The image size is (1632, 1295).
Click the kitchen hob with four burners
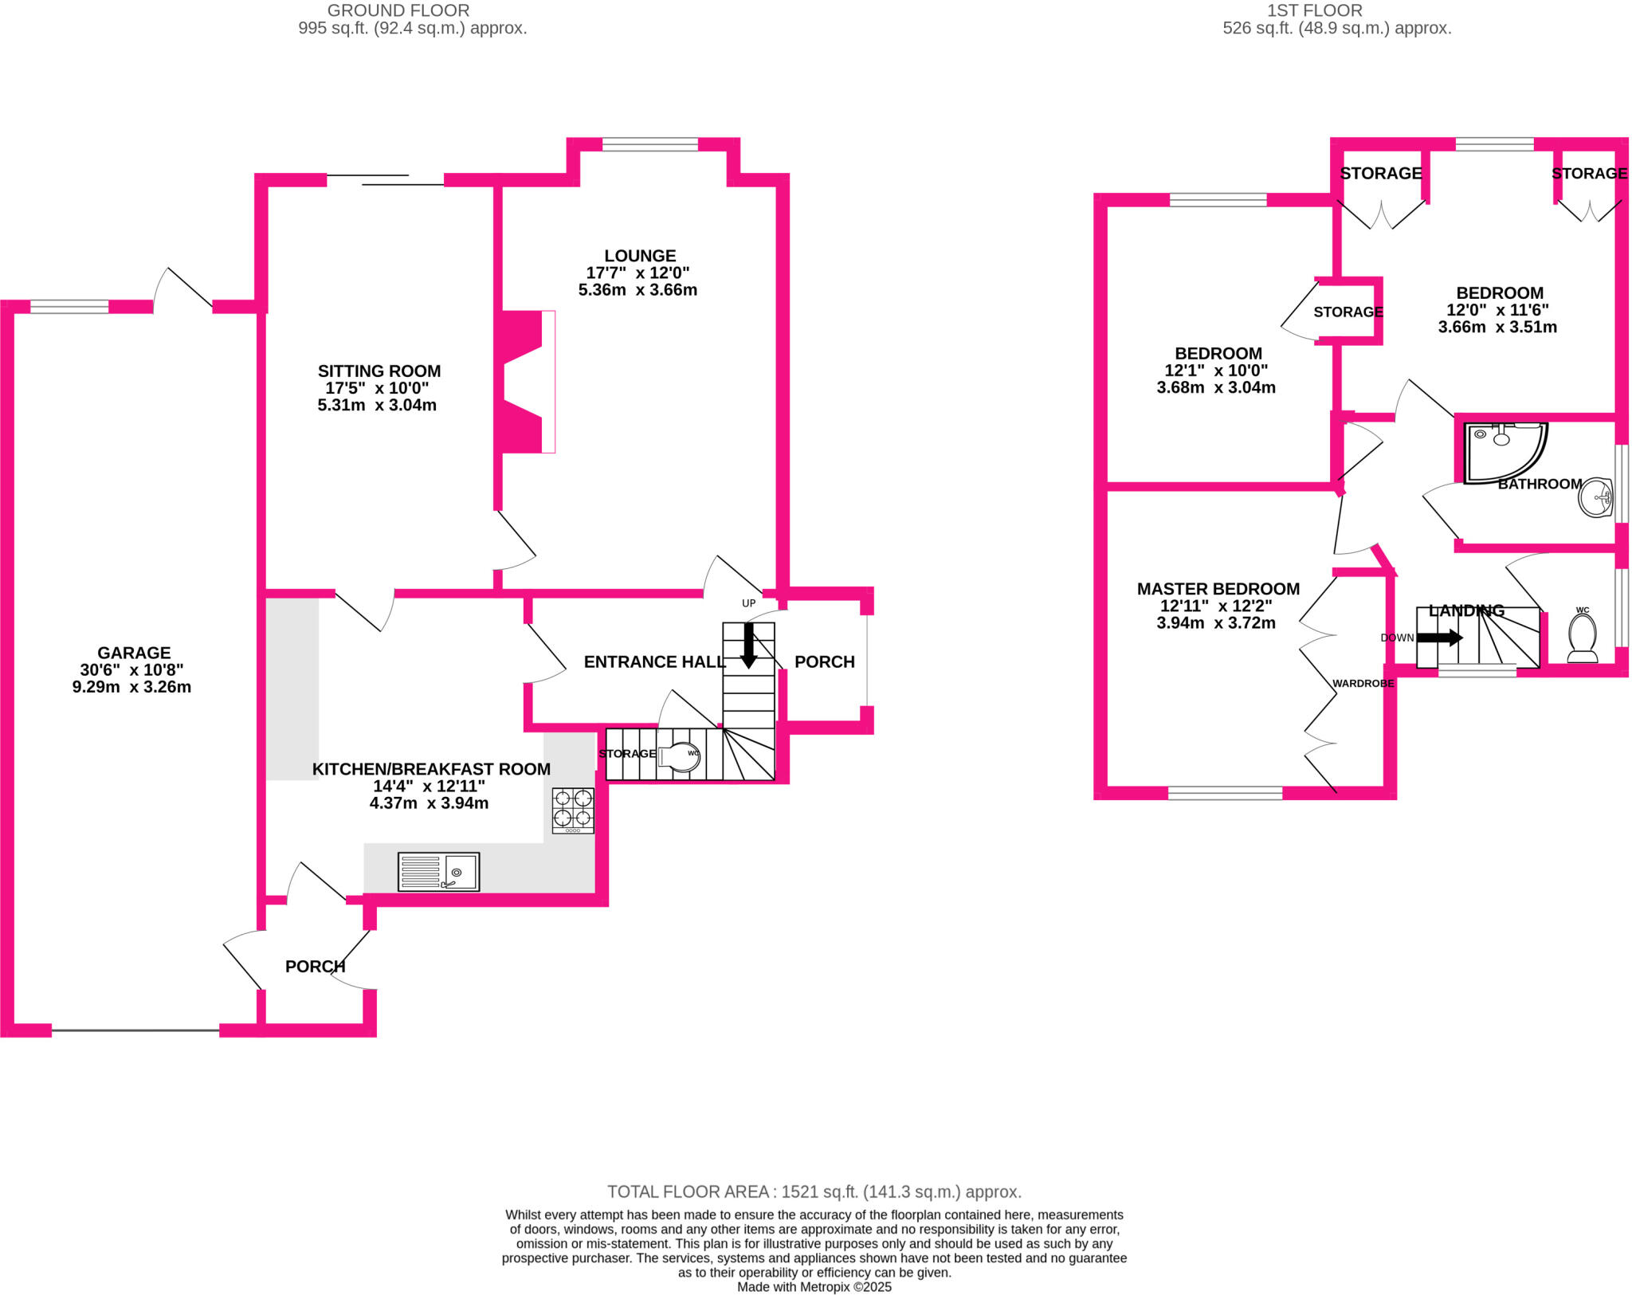click(x=573, y=810)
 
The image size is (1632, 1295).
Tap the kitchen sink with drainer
click(x=439, y=872)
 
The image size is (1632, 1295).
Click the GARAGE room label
click(x=134, y=653)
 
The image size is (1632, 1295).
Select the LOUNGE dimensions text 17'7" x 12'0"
click(x=638, y=273)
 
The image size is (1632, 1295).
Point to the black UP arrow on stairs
click(x=748, y=645)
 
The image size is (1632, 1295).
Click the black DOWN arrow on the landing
click(x=1439, y=638)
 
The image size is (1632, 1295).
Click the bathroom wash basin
click(x=1595, y=498)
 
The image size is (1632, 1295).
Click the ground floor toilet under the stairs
click(x=681, y=757)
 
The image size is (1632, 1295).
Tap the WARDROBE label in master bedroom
click(x=1363, y=684)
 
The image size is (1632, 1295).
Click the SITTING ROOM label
click(x=379, y=371)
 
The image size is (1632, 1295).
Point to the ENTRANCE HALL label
click(x=654, y=662)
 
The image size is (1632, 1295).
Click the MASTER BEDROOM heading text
click(x=1218, y=589)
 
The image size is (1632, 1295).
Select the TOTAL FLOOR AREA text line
click(x=814, y=1192)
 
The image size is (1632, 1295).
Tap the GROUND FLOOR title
click(x=398, y=10)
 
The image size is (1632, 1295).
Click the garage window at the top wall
click(x=69, y=307)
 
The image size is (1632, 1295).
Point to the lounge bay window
click(x=650, y=144)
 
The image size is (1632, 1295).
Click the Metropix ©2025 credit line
click(x=814, y=1287)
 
